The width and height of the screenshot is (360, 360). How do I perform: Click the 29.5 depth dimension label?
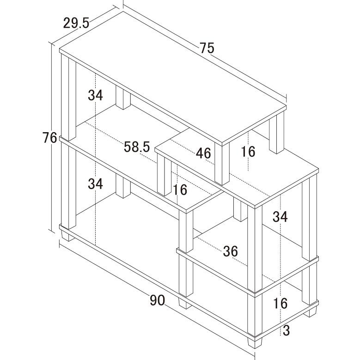tap(76, 23)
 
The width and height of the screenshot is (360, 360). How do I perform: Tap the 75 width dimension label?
tap(207, 48)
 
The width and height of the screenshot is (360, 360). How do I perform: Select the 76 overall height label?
tap(49, 138)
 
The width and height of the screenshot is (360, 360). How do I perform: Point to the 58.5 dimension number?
tap(137, 147)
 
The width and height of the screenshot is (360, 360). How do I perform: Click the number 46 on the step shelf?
tap(203, 153)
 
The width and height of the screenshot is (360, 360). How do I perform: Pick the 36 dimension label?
tap(230, 251)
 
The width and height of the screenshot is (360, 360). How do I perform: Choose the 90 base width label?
tap(157, 300)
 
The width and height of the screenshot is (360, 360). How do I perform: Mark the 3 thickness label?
tap(286, 330)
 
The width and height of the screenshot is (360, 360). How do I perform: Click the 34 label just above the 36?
tap(280, 217)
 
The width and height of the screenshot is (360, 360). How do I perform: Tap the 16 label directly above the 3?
tap(281, 303)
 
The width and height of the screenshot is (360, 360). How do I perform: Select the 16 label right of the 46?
tap(248, 152)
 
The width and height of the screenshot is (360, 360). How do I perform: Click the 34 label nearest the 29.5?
tap(95, 95)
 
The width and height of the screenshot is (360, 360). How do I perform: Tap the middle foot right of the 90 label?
tap(185, 304)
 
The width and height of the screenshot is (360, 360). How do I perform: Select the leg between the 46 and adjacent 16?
tap(222, 164)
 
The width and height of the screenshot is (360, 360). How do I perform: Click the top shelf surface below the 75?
tap(173, 78)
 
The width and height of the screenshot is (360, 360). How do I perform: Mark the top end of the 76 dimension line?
tap(51, 43)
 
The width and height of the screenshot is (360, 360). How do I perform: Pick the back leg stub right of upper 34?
tap(123, 98)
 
